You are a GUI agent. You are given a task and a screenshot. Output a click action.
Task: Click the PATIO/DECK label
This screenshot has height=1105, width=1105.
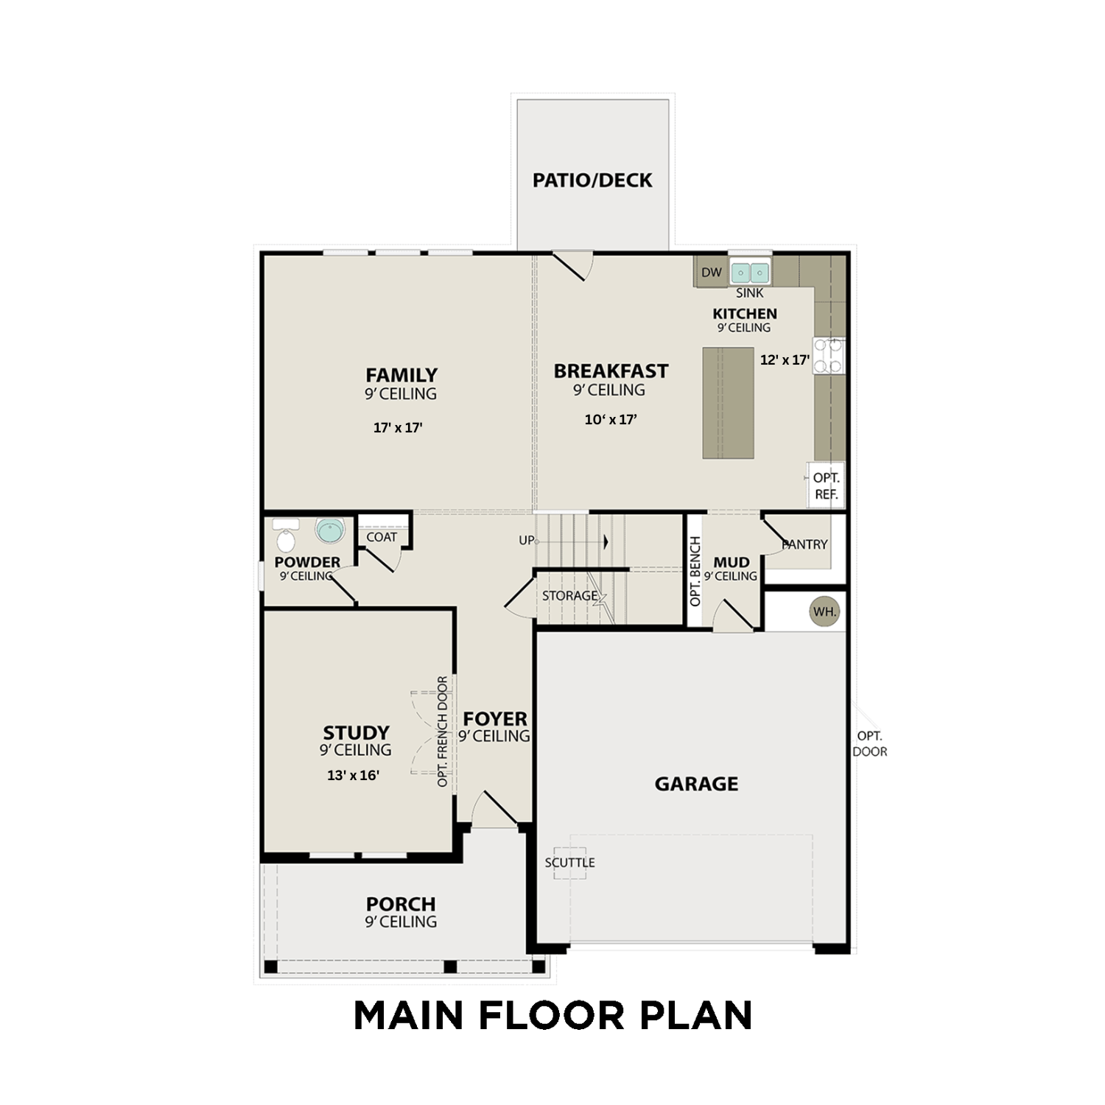pyautogui.click(x=592, y=180)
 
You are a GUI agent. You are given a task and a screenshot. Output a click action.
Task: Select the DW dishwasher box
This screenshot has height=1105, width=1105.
pyautogui.click(x=712, y=273)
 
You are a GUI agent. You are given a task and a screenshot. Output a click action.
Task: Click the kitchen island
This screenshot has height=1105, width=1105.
pyautogui.click(x=728, y=403)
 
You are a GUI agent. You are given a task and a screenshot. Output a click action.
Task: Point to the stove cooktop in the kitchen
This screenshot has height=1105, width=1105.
pyautogui.click(x=829, y=355)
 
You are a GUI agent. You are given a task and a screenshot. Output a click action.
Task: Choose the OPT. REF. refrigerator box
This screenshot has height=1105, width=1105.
pyautogui.click(x=826, y=486)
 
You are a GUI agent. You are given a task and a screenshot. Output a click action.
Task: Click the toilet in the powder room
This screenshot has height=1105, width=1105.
pyautogui.click(x=285, y=537)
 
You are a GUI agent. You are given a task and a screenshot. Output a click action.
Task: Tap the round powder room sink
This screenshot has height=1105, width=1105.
pyautogui.click(x=330, y=530)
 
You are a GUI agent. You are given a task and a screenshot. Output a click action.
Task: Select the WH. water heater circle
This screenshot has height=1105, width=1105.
pyautogui.click(x=824, y=611)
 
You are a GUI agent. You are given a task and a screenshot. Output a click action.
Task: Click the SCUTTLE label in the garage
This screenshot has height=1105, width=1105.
pyautogui.click(x=569, y=863)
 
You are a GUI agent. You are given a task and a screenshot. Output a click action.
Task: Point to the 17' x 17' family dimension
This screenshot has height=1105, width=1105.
pyautogui.click(x=398, y=427)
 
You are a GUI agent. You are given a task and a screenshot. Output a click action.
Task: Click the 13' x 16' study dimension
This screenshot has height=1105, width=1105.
pyautogui.click(x=353, y=775)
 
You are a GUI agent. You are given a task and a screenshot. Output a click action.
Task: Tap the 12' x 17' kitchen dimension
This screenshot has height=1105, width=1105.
pyautogui.click(x=785, y=360)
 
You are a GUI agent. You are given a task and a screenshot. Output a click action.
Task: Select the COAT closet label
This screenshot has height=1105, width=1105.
pyautogui.click(x=382, y=537)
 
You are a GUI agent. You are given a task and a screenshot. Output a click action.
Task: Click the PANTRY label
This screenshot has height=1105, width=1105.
pyautogui.click(x=805, y=544)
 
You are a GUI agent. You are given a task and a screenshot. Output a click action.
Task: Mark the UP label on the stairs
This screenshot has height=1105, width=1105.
pyautogui.click(x=526, y=541)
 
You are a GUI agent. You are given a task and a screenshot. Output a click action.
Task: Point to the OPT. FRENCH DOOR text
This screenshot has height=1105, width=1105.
pyautogui.click(x=443, y=732)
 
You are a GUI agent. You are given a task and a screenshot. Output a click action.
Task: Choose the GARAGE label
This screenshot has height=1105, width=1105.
pyautogui.click(x=696, y=784)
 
